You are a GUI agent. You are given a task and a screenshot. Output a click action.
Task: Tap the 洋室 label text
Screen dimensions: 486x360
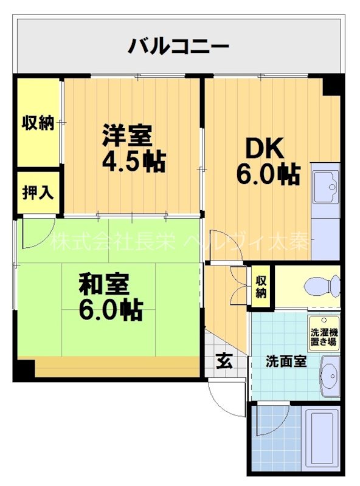tap(126, 134)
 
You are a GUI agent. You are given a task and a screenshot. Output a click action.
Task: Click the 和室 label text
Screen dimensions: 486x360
tap(103, 284)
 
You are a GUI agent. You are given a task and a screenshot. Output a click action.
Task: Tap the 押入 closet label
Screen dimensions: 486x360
tap(38, 193)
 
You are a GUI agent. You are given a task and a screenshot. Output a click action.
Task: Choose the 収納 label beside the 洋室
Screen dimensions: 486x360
tap(38, 122)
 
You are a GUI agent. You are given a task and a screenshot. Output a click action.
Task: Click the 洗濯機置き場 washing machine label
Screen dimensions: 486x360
tap(324, 337)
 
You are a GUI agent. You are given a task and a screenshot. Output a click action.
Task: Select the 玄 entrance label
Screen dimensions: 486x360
tap(223, 363)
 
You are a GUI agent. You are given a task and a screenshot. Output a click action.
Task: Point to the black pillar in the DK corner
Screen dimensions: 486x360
tap(331, 85)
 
